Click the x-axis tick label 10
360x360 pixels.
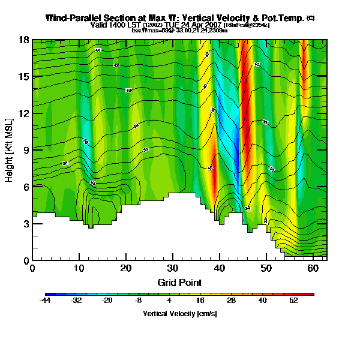tap(79, 268)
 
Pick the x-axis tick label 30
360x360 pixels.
tap(173, 268)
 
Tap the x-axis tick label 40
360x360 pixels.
tap(220, 268)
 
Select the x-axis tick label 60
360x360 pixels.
tap(313, 268)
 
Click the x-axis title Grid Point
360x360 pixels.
tap(179, 282)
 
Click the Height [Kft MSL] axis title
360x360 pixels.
tap(10, 150)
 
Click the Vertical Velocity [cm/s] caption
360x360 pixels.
tap(179, 314)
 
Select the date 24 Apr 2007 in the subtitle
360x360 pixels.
tap(200, 25)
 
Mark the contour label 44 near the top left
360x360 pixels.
tap(98, 50)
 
